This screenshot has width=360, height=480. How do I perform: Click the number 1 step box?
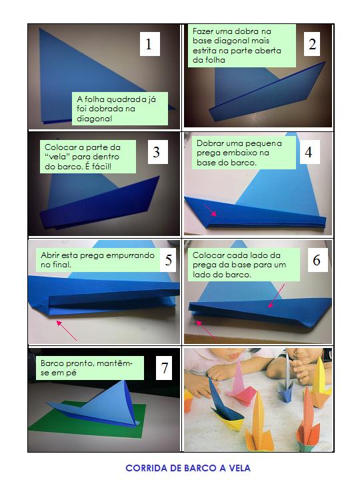(x=150, y=44)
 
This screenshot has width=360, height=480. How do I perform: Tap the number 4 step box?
(x=309, y=152)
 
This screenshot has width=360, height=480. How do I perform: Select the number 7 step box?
(x=165, y=368)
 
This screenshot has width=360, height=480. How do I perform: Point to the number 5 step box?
(x=168, y=260)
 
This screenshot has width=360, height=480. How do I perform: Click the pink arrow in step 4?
(x=210, y=210)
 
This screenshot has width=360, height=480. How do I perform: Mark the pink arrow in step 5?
(x=67, y=330)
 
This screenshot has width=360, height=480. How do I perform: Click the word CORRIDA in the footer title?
(x=146, y=468)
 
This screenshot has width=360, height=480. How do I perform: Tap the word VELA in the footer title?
(x=239, y=468)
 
